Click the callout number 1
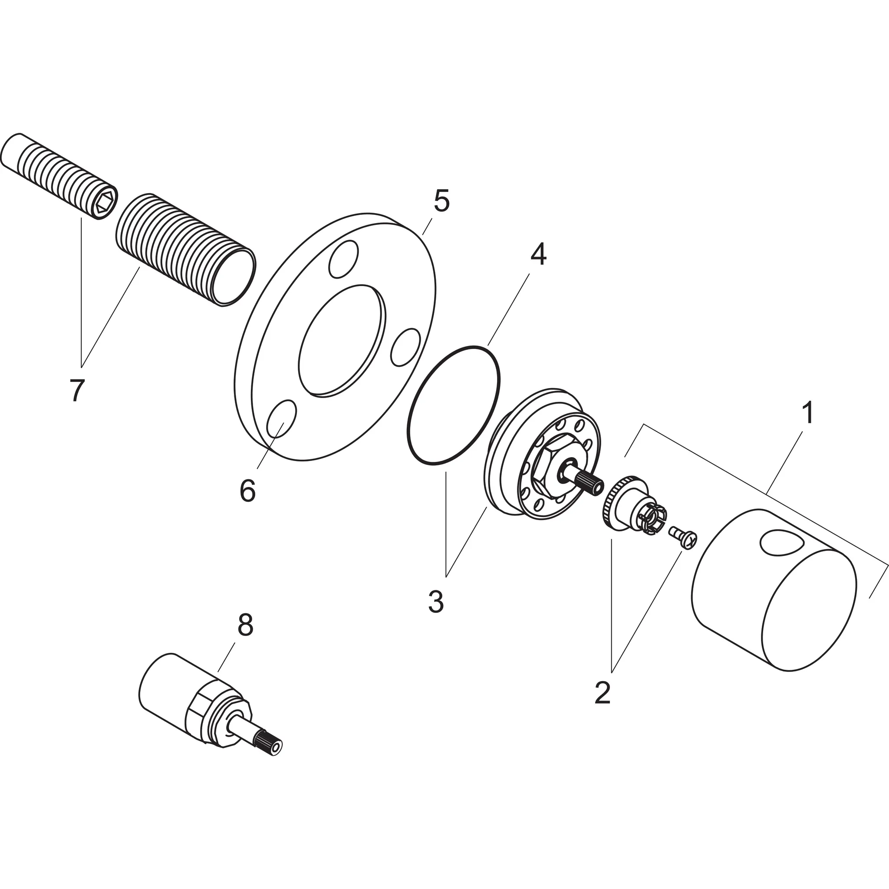pos(807,413)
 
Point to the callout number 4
pos(538,254)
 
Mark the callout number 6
pos(247,491)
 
